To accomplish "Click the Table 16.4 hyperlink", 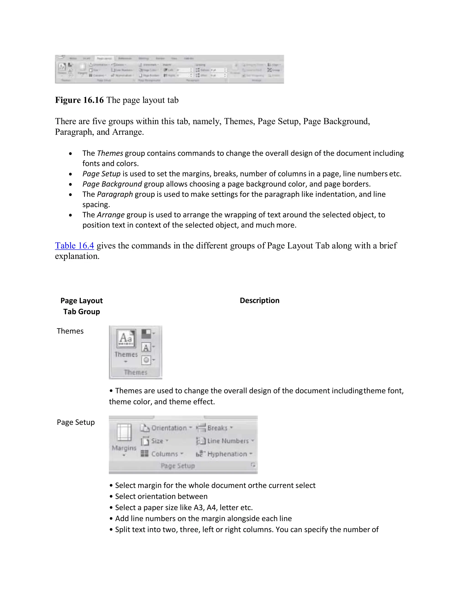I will pyautogui.click(x=74, y=245).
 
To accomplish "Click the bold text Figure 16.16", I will pyautogui.click(x=79, y=100).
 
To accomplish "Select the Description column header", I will pyautogui.click(x=259, y=300).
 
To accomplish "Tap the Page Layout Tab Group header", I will pyautogui.click(x=81, y=306).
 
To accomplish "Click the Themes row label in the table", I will pyautogui.click(x=70, y=331).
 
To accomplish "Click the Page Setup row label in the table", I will pyautogui.click(x=75, y=422).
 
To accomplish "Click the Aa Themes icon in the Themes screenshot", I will pyautogui.click(x=126, y=338).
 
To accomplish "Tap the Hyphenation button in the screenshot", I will pyautogui.click(x=224, y=454).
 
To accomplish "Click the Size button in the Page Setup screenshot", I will pyautogui.click(x=154, y=441).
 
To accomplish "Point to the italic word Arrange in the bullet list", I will pyautogui.click(x=111, y=215).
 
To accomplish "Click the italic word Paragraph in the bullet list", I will pyautogui.click(x=115, y=194).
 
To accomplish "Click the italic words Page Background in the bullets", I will pyautogui.click(x=112, y=184).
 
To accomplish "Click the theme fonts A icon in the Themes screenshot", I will pyautogui.click(x=146, y=347).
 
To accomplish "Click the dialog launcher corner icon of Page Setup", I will pyautogui.click(x=253, y=465).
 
